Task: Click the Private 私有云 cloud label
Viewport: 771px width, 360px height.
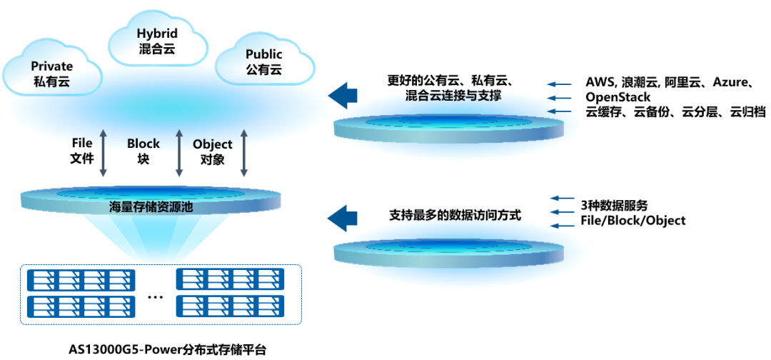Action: tap(52, 73)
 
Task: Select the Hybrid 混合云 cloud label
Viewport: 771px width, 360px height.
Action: tap(157, 41)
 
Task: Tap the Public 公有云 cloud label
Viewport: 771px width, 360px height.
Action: tap(263, 62)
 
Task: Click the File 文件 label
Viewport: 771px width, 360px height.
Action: tap(82, 151)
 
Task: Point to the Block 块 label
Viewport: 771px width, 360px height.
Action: tap(143, 151)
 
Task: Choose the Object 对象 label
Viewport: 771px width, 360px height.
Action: tap(213, 151)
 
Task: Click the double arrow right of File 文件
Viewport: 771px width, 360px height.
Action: tap(104, 152)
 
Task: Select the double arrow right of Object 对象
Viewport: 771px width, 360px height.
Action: tap(245, 152)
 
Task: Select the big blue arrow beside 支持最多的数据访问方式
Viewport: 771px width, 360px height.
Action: tap(342, 216)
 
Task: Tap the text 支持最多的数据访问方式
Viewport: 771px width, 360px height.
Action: tap(455, 214)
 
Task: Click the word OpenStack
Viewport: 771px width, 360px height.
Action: tap(618, 97)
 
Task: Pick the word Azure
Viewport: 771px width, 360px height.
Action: tap(729, 83)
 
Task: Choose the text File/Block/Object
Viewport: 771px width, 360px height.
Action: tap(633, 221)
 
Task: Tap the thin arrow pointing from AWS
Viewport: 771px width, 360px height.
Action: tap(561, 84)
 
